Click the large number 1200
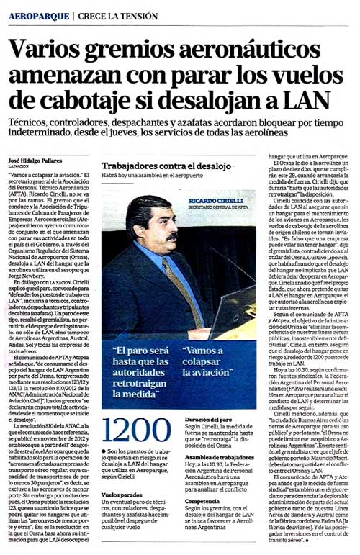click(127, 430)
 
